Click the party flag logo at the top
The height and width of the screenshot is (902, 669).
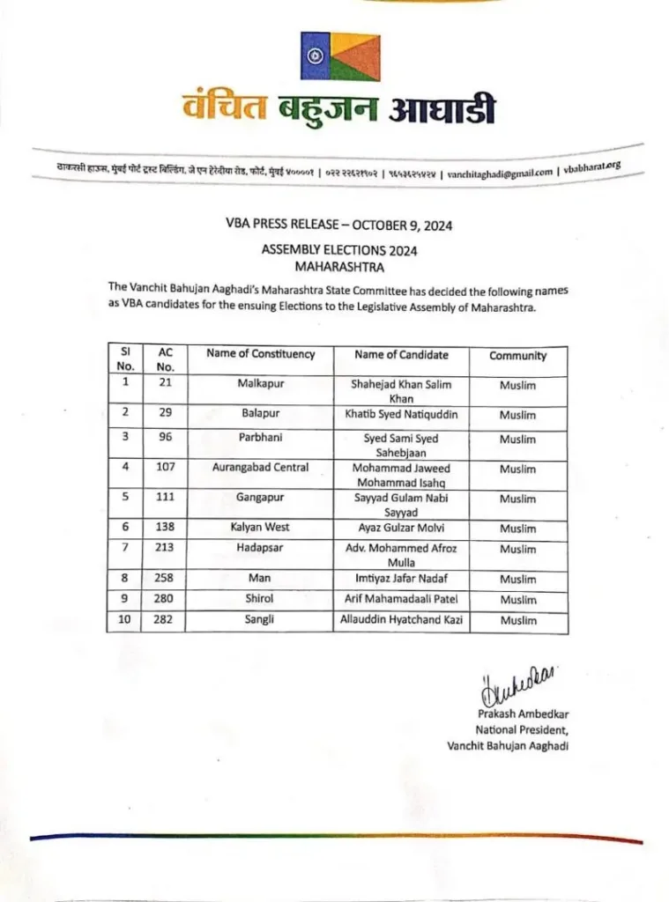tap(339, 56)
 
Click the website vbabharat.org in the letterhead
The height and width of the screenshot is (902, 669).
tap(591, 167)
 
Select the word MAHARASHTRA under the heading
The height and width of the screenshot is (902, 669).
tap(338, 264)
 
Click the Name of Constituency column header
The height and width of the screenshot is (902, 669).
tap(260, 354)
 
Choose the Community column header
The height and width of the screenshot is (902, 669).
tap(517, 356)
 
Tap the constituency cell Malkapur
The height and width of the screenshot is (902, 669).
tap(260, 385)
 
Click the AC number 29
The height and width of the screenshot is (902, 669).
tap(165, 413)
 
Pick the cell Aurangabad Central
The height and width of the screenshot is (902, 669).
tap(260, 468)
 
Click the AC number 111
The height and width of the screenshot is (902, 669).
tap(165, 498)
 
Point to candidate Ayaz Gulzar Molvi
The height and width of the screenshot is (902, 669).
tap(400, 528)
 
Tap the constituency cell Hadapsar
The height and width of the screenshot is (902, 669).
tap(260, 549)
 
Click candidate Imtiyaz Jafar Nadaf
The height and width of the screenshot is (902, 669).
tap(400, 579)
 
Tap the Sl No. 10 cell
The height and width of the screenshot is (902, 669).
tap(124, 621)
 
